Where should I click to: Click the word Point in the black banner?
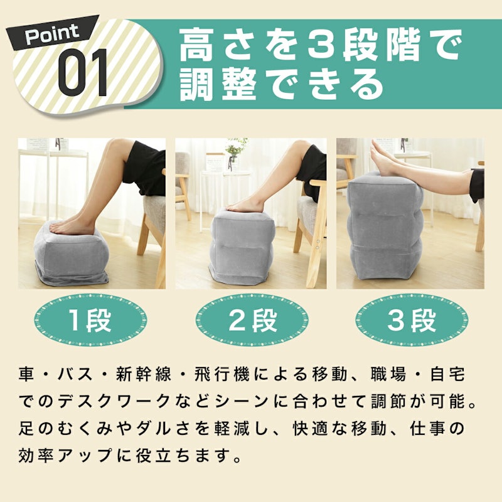[52, 34]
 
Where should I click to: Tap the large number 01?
[83, 73]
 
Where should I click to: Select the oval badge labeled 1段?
[90, 320]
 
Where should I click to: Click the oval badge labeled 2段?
[252, 320]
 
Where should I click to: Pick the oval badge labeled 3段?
[412, 320]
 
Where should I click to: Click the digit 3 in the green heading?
[322, 45]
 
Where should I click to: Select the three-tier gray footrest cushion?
[385, 226]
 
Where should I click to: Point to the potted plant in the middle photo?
[236, 152]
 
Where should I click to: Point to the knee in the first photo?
[114, 148]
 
